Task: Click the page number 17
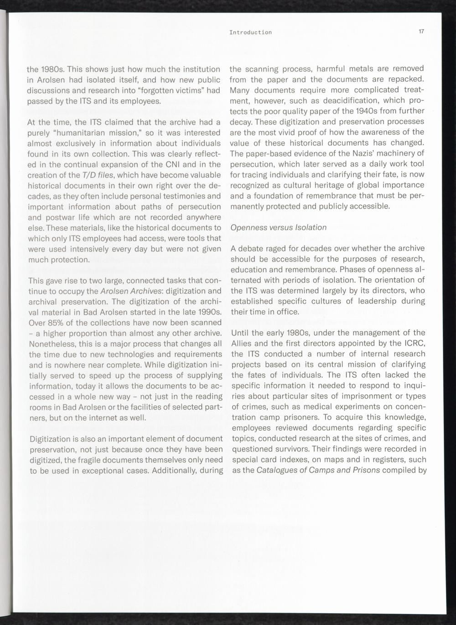(421, 32)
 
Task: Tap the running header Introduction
(250, 32)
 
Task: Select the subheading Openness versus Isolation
(279, 227)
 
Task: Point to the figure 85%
(56, 322)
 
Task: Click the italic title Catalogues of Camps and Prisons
(318, 470)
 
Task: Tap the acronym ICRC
(414, 343)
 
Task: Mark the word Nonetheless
(50, 344)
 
